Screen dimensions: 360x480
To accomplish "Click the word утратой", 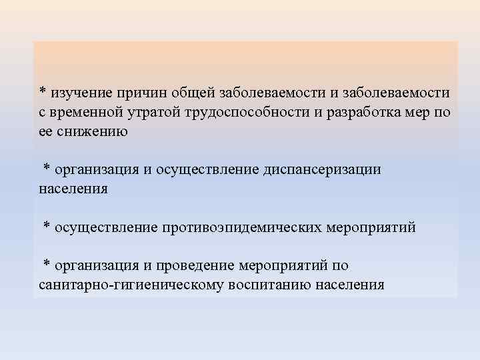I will [x=147, y=111].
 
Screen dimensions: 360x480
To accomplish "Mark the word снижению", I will [x=91, y=131].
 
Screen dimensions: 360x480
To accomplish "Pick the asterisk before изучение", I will [x=42, y=91].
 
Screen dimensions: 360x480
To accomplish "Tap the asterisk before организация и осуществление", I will [x=47, y=168].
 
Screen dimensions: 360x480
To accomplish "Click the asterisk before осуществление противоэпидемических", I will [x=47, y=226].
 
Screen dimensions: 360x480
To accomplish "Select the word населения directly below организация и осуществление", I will [x=73, y=189].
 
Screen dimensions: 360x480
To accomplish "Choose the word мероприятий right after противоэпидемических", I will [x=370, y=227].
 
